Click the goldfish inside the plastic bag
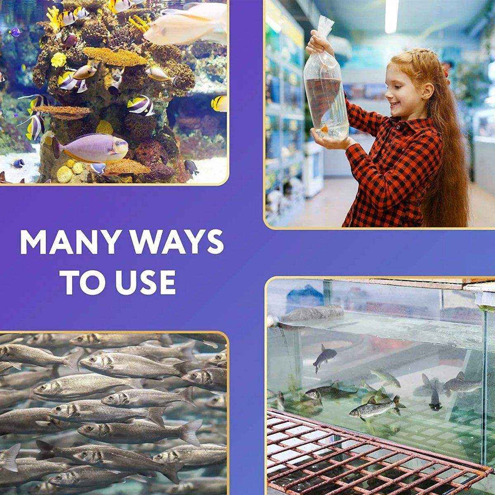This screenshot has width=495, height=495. [x=327, y=127]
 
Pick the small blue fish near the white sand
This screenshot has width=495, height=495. [x=18, y=163]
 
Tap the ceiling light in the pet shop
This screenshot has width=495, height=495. [x=392, y=16]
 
